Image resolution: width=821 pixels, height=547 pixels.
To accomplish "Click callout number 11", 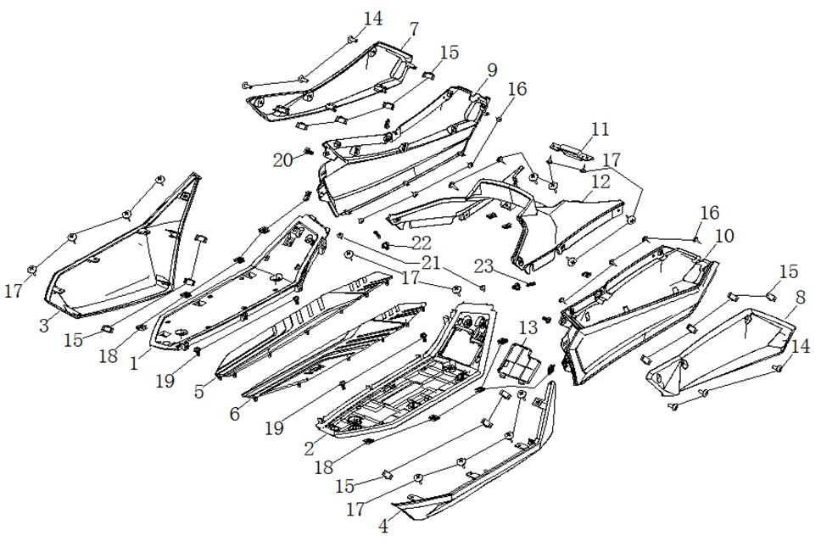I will (x=600, y=130).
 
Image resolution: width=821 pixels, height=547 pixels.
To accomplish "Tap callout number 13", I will (x=528, y=328).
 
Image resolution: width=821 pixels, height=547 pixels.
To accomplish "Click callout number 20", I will (x=282, y=159).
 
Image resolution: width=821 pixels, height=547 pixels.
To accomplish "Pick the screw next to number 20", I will (x=308, y=152).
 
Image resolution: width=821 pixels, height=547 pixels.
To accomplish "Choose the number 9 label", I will (x=492, y=70).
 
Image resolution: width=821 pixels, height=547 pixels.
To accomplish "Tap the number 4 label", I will (x=384, y=527).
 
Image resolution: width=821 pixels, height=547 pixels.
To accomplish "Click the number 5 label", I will (x=200, y=392).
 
